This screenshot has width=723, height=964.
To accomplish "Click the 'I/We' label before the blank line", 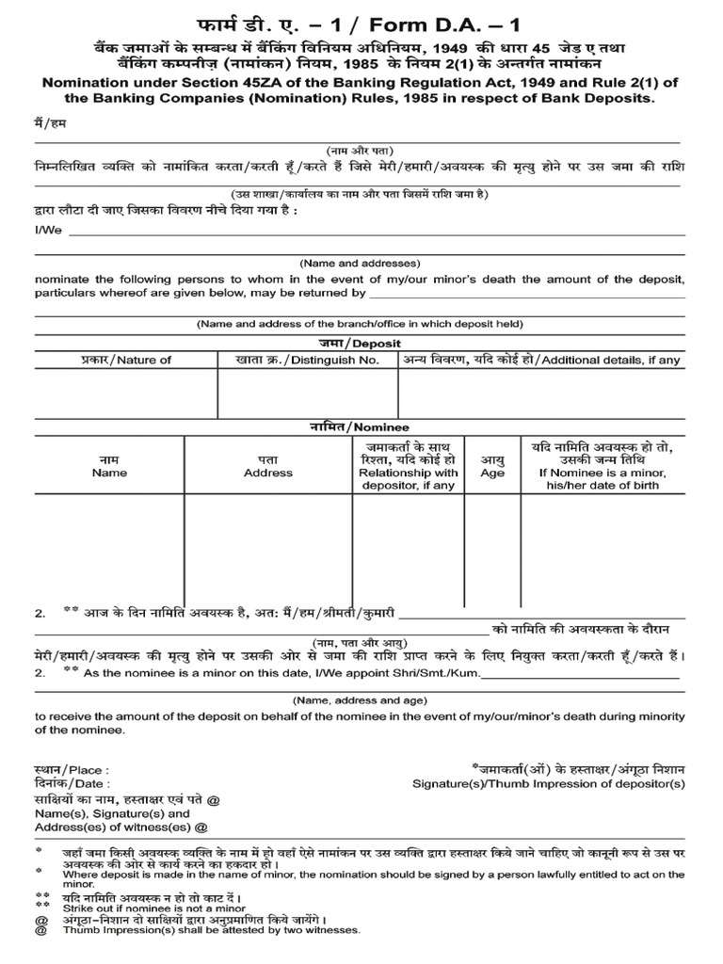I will tap(48, 229).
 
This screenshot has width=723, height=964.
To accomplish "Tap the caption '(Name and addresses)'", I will tap(360, 264).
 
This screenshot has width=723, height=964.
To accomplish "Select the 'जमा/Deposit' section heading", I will tap(359, 343).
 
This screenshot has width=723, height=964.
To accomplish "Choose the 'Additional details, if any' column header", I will tap(544, 360).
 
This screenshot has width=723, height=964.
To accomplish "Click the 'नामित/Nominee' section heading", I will tap(360, 427).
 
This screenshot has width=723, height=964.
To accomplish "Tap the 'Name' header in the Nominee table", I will tap(109, 473).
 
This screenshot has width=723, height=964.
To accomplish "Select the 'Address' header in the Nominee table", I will tap(268, 473).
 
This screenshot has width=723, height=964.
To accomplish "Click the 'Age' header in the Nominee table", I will tap(492, 473).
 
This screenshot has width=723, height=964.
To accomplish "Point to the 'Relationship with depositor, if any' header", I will tap(409, 473).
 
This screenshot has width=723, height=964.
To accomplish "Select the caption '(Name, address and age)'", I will tap(360, 701).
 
